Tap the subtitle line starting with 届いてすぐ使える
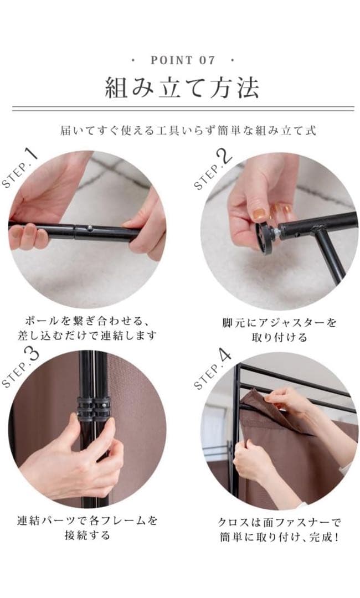pyautogui.click(x=188, y=131)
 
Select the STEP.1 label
pyautogui.click(x=20, y=168)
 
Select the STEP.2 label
pyautogui.click(x=213, y=169)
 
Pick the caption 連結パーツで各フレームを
pyautogui.click(x=87, y=521)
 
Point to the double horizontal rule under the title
pyautogui.click(x=182, y=109)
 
